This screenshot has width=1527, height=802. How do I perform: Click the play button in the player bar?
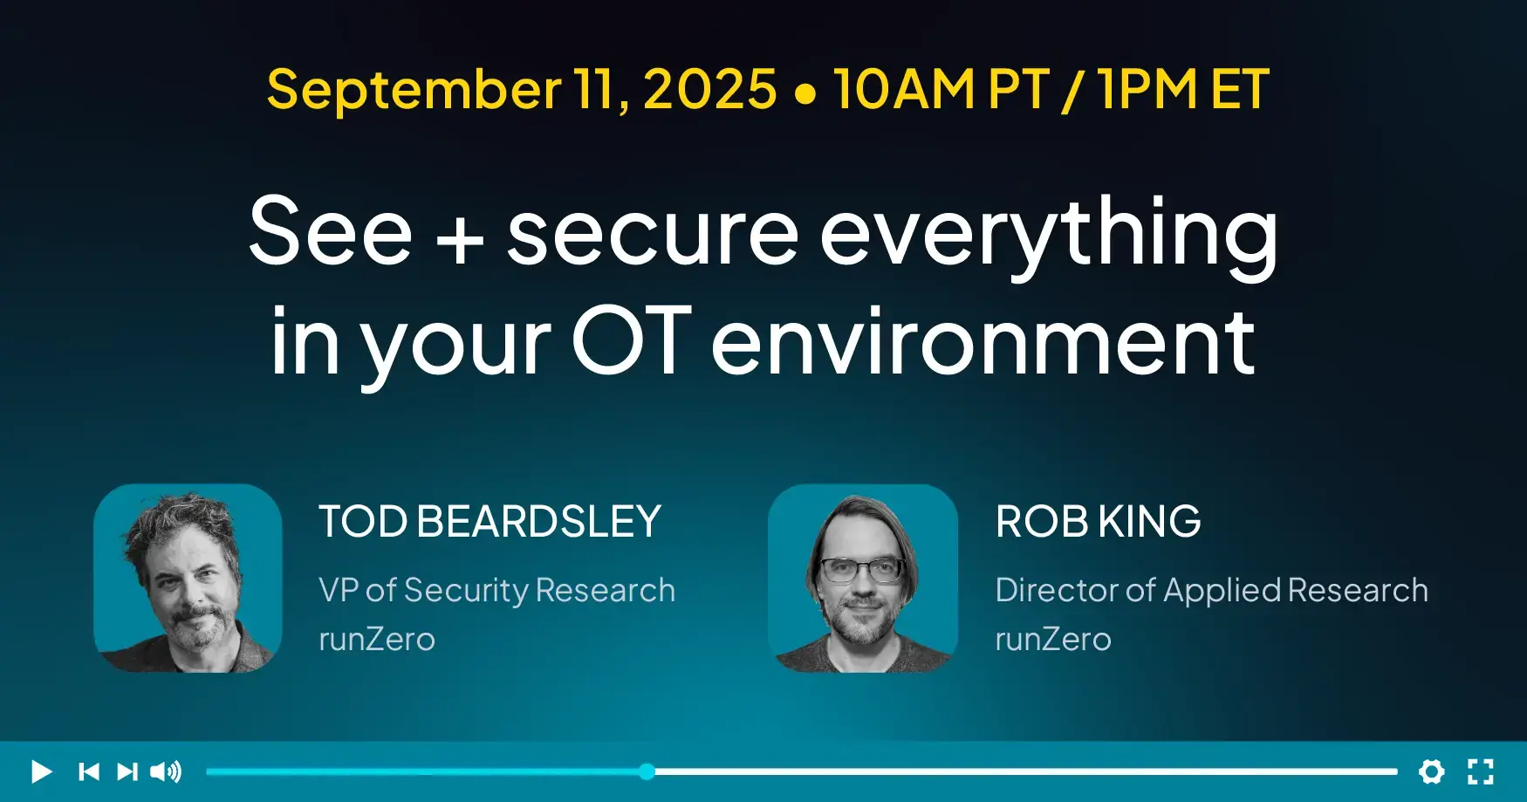[x=41, y=771]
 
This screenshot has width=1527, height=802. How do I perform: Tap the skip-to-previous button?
[x=89, y=771]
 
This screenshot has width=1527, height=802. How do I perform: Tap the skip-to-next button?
[x=127, y=771]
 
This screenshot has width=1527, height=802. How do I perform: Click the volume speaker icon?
[x=166, y=771]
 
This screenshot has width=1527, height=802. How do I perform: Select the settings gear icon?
[x=1431, y=771]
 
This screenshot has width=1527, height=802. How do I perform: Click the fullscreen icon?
[x=1480, y=771]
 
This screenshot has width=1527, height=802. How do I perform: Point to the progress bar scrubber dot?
[x=647, y=771]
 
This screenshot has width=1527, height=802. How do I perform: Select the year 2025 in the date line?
[x=709, y=89]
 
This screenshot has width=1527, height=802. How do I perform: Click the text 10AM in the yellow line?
[x=904, y=89]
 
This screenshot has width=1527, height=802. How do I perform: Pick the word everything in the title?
[x=1049, y=234]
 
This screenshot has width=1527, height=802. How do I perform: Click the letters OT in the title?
[x=632, y=340]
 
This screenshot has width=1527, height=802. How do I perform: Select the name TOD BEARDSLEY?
[x=490, y=522]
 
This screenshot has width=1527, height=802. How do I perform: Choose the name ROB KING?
[x=1099, y=522]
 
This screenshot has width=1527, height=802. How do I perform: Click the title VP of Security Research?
[x=497, y=591]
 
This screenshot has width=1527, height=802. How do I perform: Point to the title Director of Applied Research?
[x=1212, y=591]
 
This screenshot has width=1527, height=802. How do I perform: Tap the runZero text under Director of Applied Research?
[x=1053, y=640]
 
